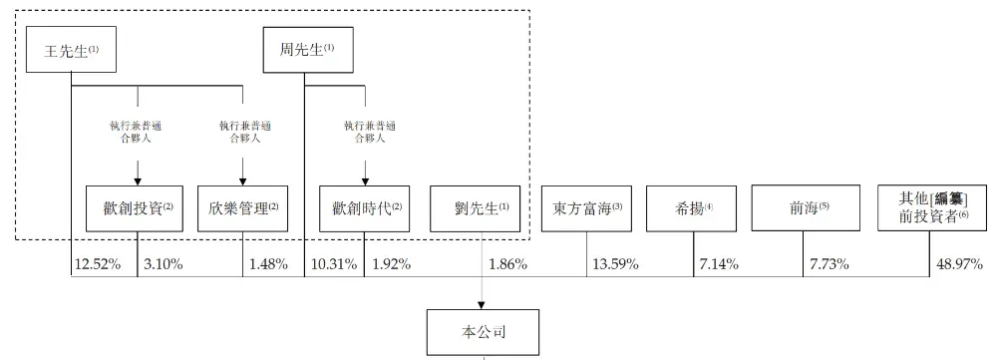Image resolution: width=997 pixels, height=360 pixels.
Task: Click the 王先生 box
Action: click(69, 49)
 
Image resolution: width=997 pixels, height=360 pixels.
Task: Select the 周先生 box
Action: click(301, 49)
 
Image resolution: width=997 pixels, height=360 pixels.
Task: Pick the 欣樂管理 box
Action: click(243, 208)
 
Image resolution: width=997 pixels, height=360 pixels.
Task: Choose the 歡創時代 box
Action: click(365, 208)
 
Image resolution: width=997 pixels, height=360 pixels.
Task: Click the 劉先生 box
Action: click(475, 208)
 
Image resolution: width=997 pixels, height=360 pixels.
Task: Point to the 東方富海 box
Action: click(586, 208)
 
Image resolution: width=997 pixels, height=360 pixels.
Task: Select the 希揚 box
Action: click(693, 208)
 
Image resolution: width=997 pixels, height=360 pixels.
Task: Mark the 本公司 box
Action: click(484, 332)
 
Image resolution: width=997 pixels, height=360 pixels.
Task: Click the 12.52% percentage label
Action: click(96, 264)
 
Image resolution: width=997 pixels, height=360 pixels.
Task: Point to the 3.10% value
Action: click(163, 264)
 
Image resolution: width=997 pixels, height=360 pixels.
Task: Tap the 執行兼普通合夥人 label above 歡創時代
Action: click(365, 132)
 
